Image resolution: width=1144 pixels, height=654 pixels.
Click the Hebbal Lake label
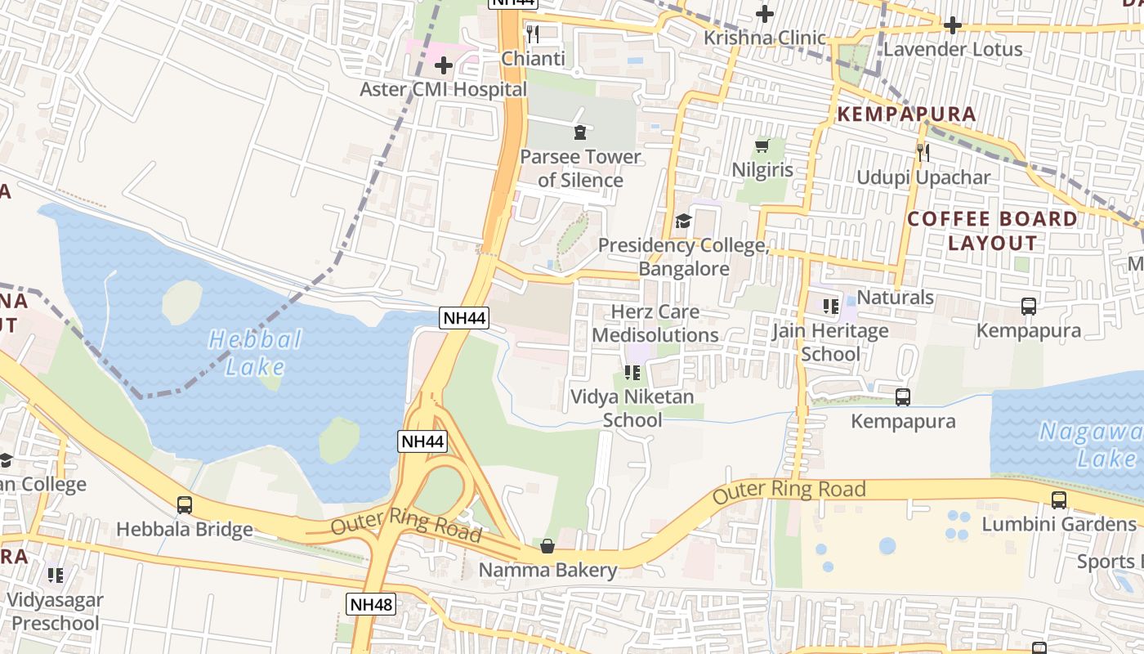pos(255,352)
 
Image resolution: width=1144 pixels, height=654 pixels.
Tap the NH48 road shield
pos(371,604)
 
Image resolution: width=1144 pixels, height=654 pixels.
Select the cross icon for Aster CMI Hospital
pos(444,65)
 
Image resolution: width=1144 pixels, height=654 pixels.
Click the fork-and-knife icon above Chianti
pos(533,34)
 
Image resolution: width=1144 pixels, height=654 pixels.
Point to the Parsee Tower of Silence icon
pos(580,132)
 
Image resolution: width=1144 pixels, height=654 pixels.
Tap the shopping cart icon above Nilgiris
pos(762,146)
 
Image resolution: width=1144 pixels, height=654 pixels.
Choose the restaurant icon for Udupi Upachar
pos(923,152)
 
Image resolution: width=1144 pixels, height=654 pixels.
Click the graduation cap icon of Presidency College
pos(683,221)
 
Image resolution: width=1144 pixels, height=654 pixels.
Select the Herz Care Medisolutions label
pos(655,324)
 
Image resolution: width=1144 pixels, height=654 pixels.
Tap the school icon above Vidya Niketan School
pos(632,373)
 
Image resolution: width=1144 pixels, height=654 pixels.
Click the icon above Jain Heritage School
pos(831,307)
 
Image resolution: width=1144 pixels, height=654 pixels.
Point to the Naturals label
pos(896,297)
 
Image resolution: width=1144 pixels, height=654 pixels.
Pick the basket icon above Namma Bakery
pos(547,545)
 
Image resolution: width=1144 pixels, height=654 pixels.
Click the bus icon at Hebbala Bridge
pos(185,505)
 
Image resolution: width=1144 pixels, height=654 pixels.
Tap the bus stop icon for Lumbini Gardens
pos(1059,499)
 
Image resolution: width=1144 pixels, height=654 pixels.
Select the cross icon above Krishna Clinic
pos(765,14)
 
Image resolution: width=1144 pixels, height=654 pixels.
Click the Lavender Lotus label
pos(953,49)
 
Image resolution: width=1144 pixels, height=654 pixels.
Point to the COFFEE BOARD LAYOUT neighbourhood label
pos(993,231)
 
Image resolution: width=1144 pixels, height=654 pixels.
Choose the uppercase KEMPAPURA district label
pos(906,114)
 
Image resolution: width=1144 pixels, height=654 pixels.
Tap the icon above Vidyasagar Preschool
pos(56,575)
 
